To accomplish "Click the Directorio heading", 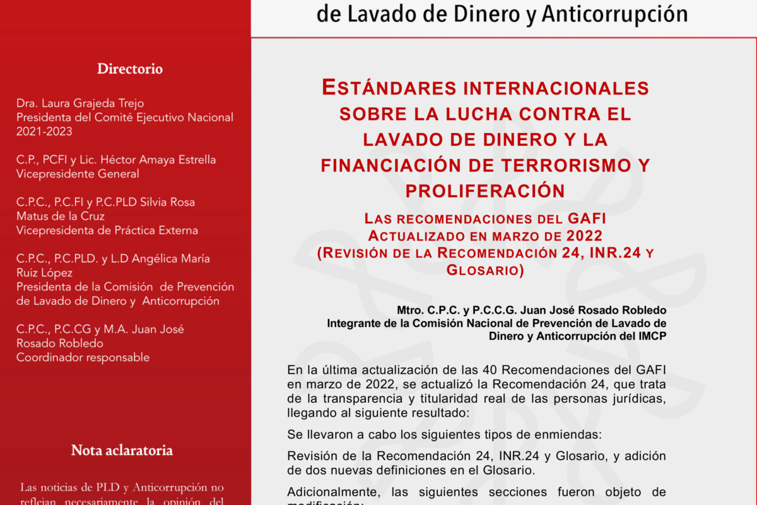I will click(130, 69).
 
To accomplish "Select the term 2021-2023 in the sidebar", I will click(44, 131).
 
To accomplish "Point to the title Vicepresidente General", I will click(78, 174).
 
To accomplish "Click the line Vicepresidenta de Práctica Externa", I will click(107, 230).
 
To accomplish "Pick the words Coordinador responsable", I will click(83, 357).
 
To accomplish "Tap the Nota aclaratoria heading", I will click(122, 451).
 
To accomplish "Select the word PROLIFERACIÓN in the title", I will click(484, 190).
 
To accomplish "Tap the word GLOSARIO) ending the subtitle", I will click(485, 270).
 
